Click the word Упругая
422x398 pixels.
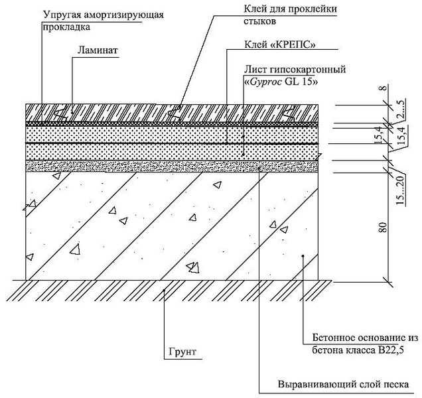(x=61, y=15)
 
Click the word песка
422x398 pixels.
(x=397, y=385)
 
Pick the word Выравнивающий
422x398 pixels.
(x=310, y=385)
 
